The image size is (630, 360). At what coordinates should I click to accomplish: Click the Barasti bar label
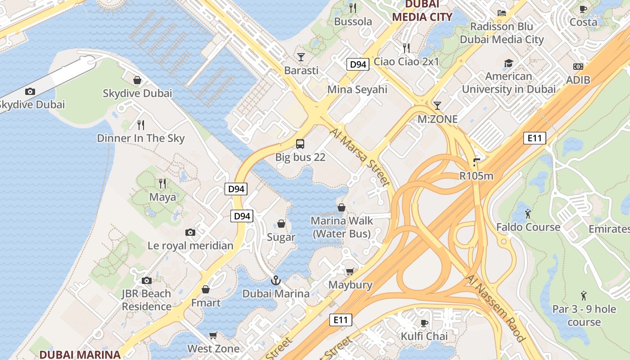[x=301, y=71]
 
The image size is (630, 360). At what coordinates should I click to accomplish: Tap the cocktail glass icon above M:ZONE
[x=437, y=106]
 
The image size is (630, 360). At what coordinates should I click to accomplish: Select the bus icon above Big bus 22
[x=300, y=144]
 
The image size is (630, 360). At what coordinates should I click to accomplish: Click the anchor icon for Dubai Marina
[x=275, y=281]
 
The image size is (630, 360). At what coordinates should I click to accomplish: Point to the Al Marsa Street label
[x=360, y=157]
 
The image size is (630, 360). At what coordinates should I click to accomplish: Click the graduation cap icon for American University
[x=508, y=63]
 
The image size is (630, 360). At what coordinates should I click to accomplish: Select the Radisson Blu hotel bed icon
[x=501, y=13]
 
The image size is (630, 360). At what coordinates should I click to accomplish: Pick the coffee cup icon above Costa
[x=583, y=9]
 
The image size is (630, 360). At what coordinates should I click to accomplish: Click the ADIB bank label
[x=578, y=80]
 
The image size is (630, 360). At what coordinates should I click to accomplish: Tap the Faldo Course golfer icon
[x=527, y=213]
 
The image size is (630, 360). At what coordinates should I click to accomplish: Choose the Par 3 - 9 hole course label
[x=584, y=315]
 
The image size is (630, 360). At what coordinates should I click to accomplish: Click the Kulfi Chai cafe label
[x=424, y=336]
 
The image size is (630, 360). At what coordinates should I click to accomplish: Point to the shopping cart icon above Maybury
[x=350, y=271]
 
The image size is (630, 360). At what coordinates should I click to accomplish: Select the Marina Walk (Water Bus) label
[x=342, y=227]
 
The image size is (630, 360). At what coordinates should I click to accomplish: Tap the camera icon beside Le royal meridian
[x=190, y=232]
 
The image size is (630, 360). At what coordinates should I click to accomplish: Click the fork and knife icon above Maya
[x=162, y=183]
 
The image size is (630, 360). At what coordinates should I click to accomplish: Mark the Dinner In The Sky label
[x=141, y=138]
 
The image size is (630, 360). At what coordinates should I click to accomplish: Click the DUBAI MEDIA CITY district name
[x=422, y=10]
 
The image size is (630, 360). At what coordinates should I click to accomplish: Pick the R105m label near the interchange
[x=476, y=176]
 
